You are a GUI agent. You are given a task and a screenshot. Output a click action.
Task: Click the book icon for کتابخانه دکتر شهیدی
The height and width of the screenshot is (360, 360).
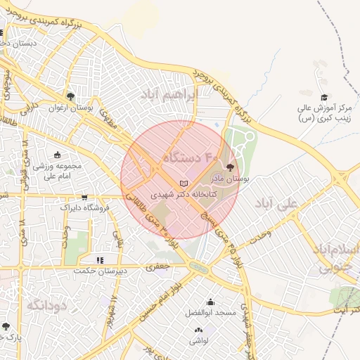point(184,184)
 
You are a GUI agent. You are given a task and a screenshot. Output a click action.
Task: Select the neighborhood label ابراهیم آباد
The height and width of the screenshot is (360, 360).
point(167,97)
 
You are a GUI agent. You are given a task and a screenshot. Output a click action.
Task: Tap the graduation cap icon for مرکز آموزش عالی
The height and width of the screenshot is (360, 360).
point(323,97)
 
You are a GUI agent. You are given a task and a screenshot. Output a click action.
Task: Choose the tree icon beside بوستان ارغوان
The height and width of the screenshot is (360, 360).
point(70,97)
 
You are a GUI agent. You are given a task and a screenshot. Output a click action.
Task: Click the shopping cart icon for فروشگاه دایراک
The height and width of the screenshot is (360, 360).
point(85,198)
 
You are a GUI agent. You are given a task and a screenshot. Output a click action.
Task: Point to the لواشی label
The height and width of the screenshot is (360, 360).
point(198,340)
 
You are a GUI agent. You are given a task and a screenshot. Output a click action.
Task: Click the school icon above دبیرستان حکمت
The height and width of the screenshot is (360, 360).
point(100,261)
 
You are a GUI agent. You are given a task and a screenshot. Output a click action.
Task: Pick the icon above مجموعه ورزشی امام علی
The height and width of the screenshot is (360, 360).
point(57,155)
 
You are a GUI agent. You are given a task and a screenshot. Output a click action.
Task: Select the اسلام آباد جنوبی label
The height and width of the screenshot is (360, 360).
point(336,258)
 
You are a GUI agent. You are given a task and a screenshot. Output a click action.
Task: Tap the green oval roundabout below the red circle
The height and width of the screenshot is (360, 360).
point(198,267)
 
